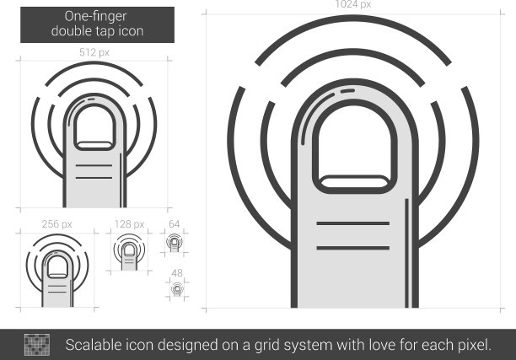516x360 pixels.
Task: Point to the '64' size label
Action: [x=174, y=224]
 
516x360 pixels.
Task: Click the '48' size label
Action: [x=177, y=273]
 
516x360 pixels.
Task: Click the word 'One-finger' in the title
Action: [x=96, y=17]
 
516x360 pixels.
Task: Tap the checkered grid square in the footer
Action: [x=37, y=345]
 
